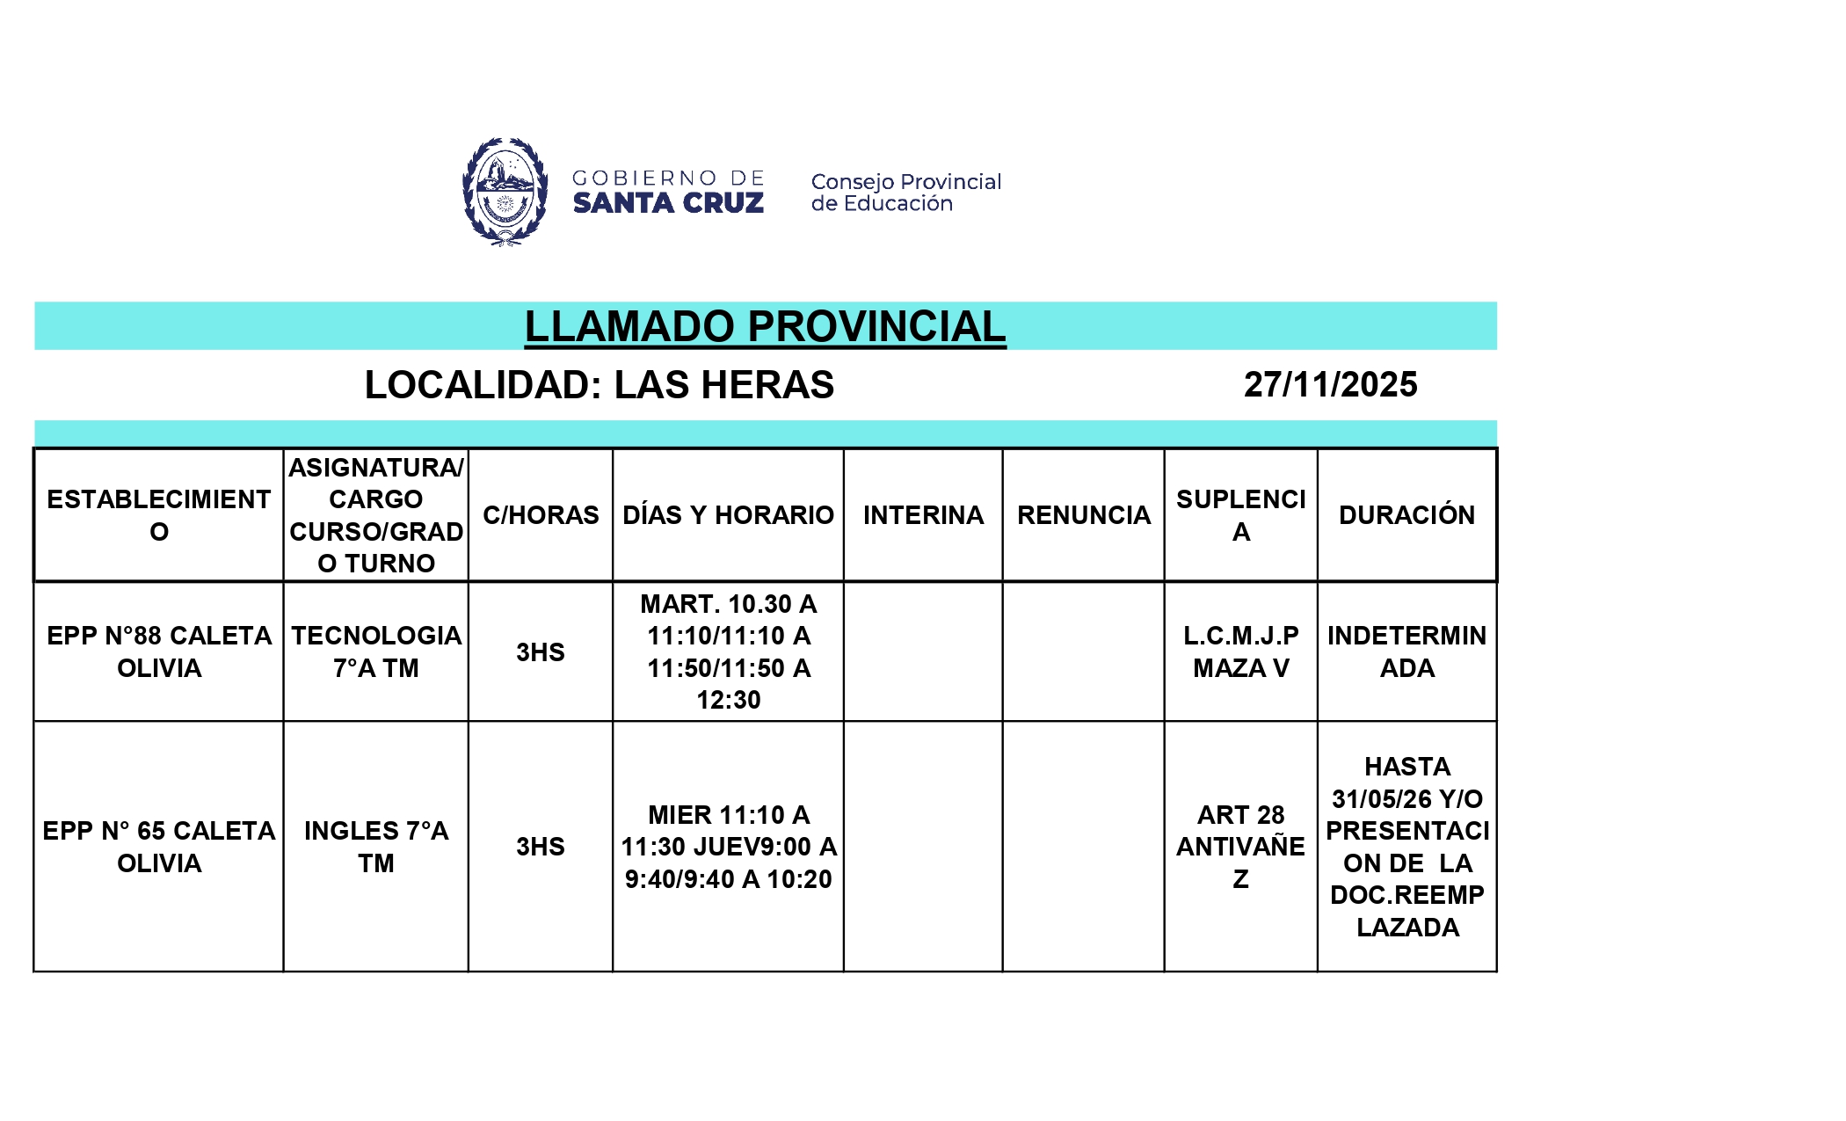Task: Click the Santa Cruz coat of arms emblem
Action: [x=505, y=191]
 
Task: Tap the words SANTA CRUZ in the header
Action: [x=668, y=204]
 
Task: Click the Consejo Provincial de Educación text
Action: [x=905, y=193]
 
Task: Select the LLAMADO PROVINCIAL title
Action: [x=765, y=327]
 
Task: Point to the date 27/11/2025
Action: [x=1330, y=385]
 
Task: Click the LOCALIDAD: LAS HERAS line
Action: [x=600, y=385]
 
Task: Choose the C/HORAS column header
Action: [x=541, y=515]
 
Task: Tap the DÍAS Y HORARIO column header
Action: [x=728, y=515]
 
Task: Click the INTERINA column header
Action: [x=923, y=515]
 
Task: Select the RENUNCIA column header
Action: [x=1084, y=515]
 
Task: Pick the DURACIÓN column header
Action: [x=1406, y=515]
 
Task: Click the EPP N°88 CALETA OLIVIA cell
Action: [x=159, y=651]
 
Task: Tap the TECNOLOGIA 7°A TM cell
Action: [x=376, y=651]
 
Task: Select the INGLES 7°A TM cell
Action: [x=376, y=847]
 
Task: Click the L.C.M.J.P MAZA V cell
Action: [x=1240, y=651]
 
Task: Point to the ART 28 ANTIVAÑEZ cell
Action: [x=1240, y=847]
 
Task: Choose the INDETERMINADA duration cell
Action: [x=1406, y=651]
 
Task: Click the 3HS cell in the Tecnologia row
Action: [x=541, y=652]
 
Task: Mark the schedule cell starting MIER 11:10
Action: [x=728, y=847]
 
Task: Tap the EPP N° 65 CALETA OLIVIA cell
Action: [x=159, y=847]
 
